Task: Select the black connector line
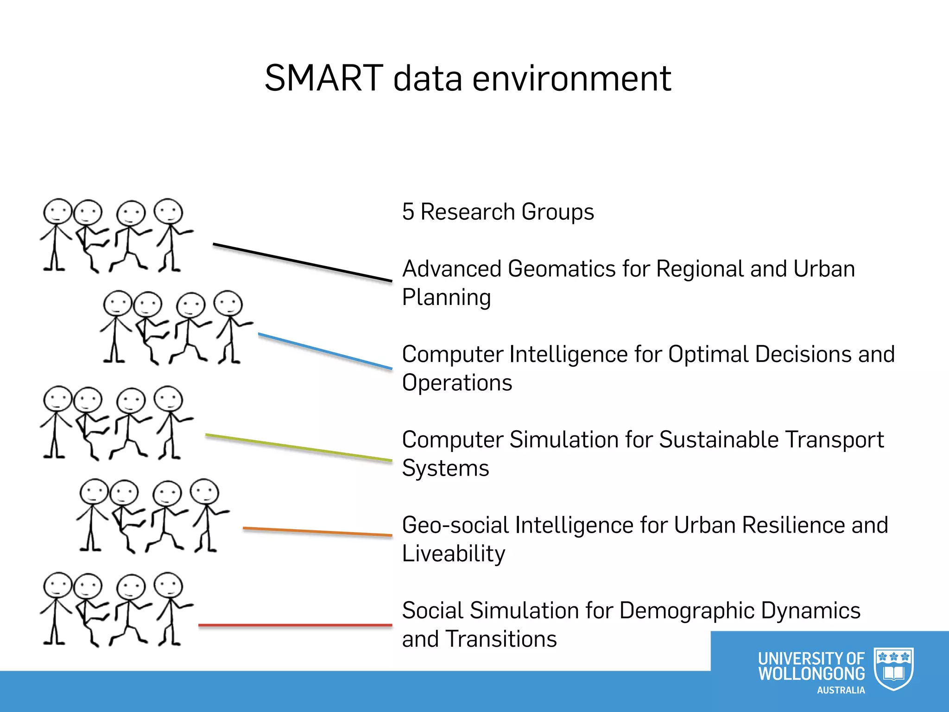coord(302,262)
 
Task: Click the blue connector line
coord(325,351)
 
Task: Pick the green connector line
coord(298,447)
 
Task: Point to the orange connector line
coord(317,531)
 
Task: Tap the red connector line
coord(295,625)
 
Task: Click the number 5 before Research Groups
coord(408,212)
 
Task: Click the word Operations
coord(457,383)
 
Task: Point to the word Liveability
coord(453,553)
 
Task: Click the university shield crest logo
coord(893,668)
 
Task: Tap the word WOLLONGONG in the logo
coord(811,674)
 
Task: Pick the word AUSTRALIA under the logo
coord(841,690)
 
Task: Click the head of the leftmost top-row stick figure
coord(57,211)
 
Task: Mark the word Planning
coord(446,297)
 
